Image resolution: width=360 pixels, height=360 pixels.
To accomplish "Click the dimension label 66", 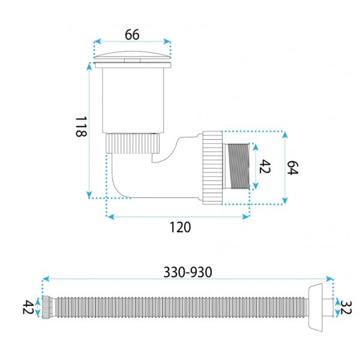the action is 132,35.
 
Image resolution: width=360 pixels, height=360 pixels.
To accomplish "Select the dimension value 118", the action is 81,127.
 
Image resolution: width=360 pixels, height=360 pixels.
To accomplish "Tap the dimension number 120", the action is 180,227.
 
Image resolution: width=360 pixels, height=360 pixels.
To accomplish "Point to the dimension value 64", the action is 293,168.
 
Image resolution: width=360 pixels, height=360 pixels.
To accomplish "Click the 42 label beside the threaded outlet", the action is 265,166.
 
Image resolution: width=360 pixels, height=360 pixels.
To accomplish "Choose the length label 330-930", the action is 188,272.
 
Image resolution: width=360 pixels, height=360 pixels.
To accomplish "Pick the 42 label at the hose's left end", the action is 28,307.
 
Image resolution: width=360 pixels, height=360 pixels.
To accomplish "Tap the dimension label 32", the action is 346,307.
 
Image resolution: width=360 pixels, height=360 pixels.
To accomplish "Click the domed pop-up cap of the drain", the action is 132,55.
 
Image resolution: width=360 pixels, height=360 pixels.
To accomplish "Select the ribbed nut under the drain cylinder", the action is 133,143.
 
